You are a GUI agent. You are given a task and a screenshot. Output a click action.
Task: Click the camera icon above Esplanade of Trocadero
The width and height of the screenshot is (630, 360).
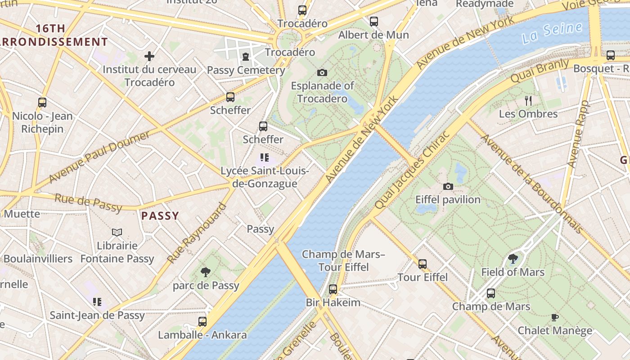322,72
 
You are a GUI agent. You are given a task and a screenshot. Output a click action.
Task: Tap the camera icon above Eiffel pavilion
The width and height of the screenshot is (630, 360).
448,186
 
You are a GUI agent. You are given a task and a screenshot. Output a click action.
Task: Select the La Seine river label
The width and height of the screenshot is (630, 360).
552,33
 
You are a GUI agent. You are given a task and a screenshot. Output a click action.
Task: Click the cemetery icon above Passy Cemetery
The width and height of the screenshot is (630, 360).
245,57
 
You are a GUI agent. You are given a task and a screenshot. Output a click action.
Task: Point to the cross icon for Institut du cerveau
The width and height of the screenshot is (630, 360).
149,56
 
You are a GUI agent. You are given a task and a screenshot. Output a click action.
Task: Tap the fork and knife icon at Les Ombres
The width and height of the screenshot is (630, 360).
528,101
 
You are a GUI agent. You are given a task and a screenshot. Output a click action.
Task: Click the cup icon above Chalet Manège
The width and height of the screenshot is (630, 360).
555,317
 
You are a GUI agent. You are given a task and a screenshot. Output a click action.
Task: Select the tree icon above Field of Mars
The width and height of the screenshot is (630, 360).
513,259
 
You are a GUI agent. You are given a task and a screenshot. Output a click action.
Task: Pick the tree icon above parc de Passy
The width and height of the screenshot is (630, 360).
206,272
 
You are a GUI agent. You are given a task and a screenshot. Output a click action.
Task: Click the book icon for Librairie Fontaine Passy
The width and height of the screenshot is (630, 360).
117,232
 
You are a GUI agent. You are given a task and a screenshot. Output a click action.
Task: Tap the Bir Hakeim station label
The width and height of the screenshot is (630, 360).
333,302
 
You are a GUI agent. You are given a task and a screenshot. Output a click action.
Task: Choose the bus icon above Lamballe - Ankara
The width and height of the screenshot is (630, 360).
202,322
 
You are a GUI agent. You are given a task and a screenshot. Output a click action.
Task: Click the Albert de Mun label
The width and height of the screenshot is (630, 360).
373,35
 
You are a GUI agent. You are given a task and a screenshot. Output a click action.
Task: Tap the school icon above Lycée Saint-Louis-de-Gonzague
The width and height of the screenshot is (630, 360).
264,157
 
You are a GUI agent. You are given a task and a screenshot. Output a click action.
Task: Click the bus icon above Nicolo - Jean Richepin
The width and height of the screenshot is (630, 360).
42,103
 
